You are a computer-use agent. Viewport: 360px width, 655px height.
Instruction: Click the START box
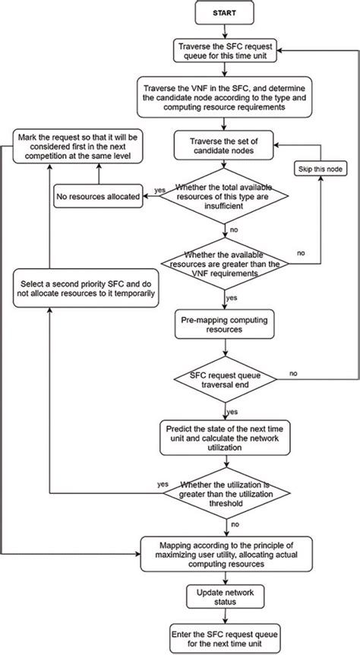[225, 13]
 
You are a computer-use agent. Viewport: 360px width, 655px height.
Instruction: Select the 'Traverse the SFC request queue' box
[225, 51]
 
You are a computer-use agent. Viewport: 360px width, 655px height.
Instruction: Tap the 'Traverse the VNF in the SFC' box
[225, 97]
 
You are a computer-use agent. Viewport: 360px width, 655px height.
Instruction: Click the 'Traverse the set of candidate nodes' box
[225, 145]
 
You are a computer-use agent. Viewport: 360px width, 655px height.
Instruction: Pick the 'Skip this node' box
[321, 169]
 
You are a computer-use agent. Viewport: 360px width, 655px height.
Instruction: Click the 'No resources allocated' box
[99, 196]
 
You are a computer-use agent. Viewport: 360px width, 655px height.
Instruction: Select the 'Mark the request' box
[77, 146]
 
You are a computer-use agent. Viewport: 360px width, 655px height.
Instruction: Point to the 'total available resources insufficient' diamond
[225, 195]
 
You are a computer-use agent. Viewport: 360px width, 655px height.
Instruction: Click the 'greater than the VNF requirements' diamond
[225, 264]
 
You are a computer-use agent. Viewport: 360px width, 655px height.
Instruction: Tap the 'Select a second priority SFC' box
[86, 288]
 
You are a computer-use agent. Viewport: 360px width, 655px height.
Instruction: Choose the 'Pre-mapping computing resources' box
[225, 324]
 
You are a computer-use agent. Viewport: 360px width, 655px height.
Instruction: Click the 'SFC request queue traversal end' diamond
[226, 379]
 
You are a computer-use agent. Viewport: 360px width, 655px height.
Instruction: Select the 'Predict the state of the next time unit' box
[225, 438]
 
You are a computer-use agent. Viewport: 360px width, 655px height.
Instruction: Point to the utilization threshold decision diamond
[226, 493]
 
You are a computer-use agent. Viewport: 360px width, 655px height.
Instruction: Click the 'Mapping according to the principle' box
[226, 554]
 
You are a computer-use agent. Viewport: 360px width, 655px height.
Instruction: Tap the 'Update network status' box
[226, 597]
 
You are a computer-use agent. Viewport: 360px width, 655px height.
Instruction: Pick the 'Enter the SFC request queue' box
[226, 639]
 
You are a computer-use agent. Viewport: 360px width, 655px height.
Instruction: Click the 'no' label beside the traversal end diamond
[293, 373]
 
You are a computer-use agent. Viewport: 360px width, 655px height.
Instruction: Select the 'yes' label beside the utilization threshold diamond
[163, 484]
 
